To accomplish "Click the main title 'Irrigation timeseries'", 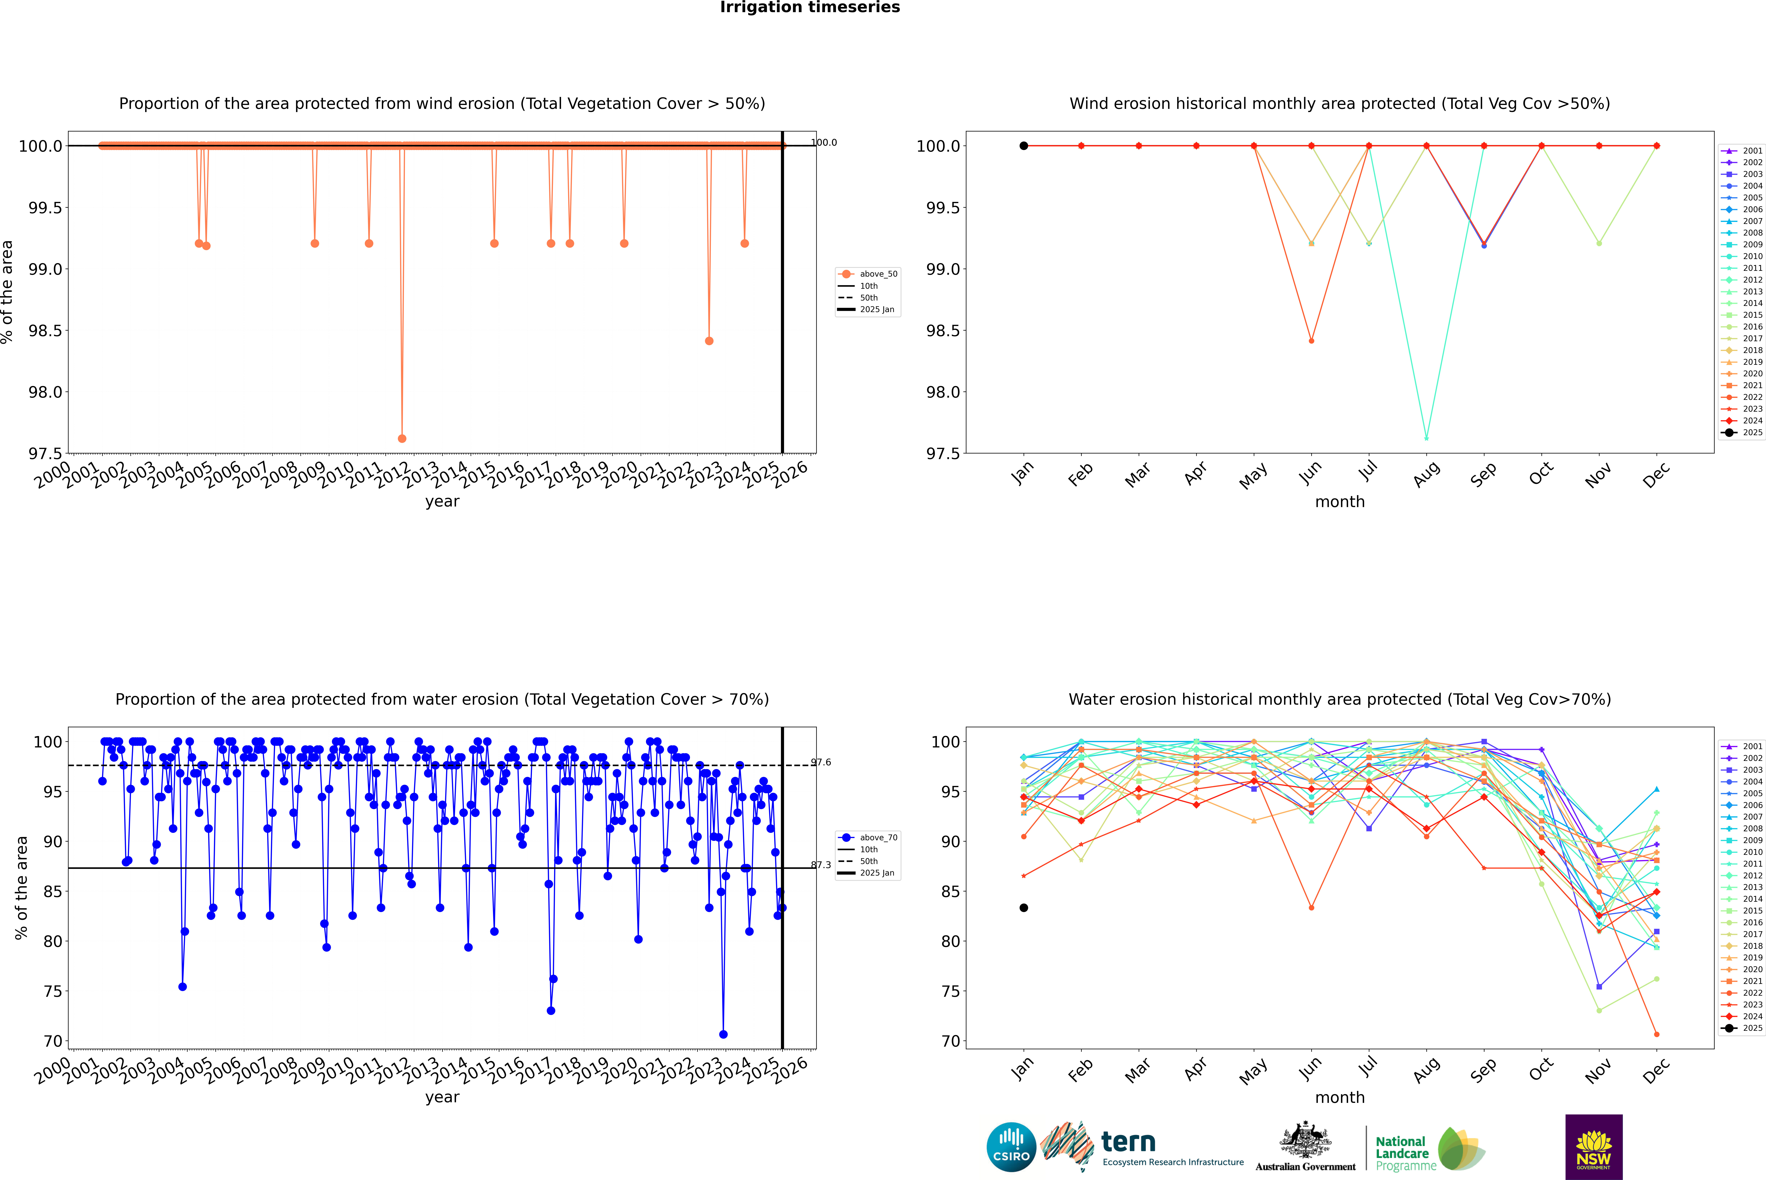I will [809, 7].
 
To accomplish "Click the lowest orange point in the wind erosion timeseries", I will [402, 439].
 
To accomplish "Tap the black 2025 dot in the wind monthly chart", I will [1024, 146].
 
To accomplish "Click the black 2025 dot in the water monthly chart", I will [1024, 908].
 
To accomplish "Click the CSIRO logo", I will [1011, 1147].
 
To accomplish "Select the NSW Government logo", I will [1594, 1147].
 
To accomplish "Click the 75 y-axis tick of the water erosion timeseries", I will [53, 991].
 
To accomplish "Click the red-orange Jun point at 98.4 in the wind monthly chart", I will [1311, 341].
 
